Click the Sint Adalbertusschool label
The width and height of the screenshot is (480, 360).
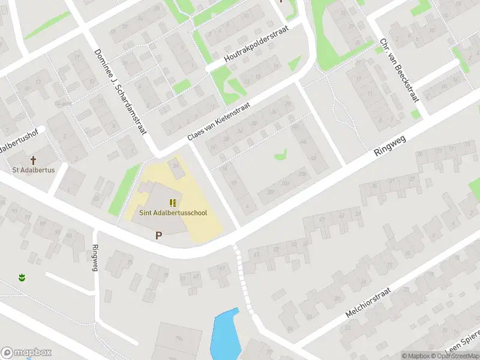(x=173, y=212)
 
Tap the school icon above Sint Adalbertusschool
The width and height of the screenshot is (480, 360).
(x=173, y=203)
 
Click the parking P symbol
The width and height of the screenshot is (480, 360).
(x=158, y=236)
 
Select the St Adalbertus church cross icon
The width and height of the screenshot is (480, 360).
(x=34, y=160)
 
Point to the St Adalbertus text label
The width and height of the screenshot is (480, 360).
(x=34, y=170)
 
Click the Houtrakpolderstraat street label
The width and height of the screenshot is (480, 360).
(x=256, y=44)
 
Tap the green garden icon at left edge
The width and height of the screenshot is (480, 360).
(x=22, y=278)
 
